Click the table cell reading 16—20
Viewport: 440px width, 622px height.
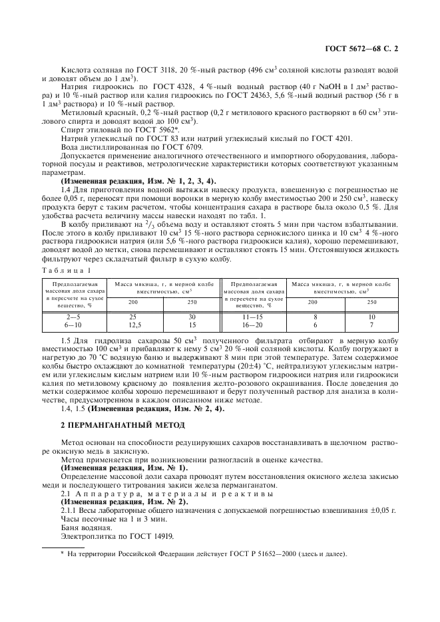click(253, 325)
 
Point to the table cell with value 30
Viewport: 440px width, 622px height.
click(192, 317)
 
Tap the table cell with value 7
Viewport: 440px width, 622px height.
click(371, 325)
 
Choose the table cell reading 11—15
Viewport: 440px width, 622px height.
click(253, 317)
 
